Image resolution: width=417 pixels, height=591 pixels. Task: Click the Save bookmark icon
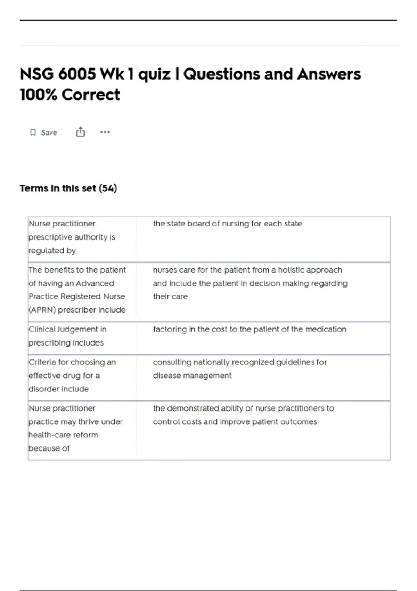point(33,132)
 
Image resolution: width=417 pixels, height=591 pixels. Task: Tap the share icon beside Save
point(81,132)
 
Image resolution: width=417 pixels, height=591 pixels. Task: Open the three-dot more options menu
point(105,132)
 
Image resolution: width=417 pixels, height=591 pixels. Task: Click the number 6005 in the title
point(77,74)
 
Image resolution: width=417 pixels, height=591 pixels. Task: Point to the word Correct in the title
point(91,95)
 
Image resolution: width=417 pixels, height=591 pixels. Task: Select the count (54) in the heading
point(108,188)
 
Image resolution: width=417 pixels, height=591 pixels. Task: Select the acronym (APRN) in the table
point(42,310)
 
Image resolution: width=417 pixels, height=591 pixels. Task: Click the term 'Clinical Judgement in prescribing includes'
point(67,336)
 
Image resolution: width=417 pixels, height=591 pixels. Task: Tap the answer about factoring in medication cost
point(250,329)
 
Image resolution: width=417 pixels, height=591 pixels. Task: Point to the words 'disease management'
point(192,375)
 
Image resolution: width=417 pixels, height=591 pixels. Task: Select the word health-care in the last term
point(63,435)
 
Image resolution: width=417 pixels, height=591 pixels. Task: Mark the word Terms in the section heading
point(34,188)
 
